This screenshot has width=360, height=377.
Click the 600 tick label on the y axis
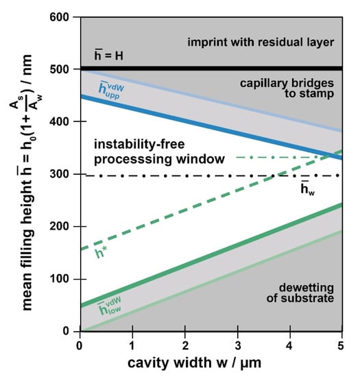(64, 16)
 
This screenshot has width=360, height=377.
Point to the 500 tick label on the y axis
(64, 69)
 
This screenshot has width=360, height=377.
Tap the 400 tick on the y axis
(64, 122)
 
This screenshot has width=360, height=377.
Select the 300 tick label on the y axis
(64, 174)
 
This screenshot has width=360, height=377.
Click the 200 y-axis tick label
(64, 227)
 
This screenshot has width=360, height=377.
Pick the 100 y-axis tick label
(64, 279)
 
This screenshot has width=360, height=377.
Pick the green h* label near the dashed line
(103, 258)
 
